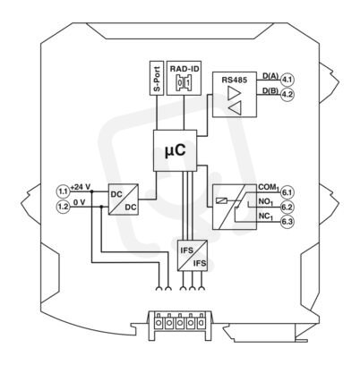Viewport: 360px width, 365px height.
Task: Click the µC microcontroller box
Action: pos(176,150)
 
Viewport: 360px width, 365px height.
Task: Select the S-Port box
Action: pos(157,78)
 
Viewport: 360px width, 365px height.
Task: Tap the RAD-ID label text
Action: pos(184,69)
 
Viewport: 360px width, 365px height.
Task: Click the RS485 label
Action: pos(235,80)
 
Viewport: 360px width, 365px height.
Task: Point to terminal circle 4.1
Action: pos(287,80)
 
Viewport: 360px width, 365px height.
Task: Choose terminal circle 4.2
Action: pos(287,95)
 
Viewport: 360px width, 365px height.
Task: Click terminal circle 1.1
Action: pos(64,191)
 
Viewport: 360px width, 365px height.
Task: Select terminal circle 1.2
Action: pos(64,207)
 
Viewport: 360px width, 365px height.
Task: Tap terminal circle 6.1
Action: pos(287,192)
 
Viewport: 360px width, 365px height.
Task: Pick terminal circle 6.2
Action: pos(287,207)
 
